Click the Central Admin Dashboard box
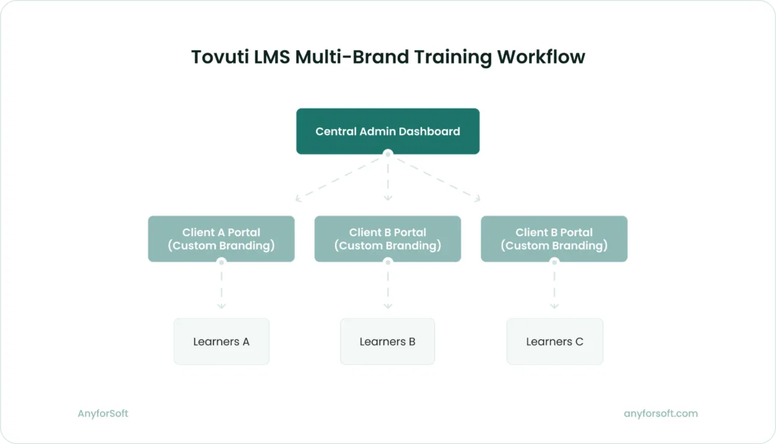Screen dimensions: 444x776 (387, 131)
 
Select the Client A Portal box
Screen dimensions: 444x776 (221, 239)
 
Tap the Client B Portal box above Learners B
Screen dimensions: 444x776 (387, 239)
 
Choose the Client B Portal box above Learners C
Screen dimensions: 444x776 (554, 239)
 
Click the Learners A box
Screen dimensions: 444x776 (221, 342)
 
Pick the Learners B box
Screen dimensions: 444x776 (387, 342)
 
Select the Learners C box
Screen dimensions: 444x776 (555, 342)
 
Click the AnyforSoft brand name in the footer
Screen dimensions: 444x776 (103, 414)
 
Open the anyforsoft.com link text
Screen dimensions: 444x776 (660, 414)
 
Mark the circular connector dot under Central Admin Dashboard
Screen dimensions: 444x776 (388, 154)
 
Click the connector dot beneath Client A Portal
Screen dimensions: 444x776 (221, 262)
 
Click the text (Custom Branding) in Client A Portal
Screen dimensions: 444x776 (221, 246)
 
